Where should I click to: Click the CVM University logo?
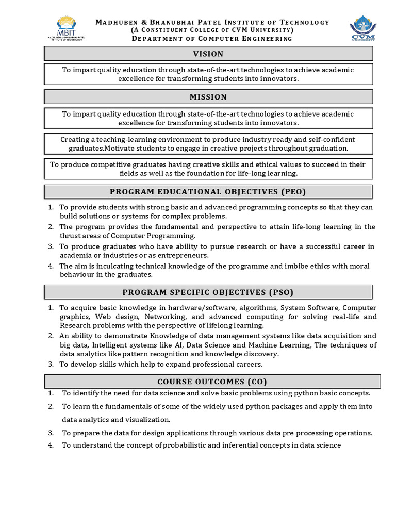[x=362, y=28]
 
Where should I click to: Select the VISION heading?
[x=208, y=54]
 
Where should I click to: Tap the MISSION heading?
[x=208, y=97]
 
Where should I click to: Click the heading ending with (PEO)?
[x=208, y=192]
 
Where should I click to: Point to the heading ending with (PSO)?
[x=208, y=292]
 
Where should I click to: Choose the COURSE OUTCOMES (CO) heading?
[x=212, y=382]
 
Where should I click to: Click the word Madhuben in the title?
[x=114, y=22]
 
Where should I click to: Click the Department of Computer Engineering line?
[x=212, y=39]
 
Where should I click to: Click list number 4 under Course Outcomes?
[x=51, y=445]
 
